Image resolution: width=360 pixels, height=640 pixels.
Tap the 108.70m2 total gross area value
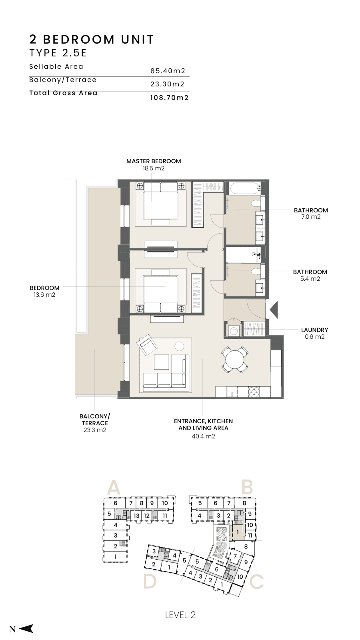click(x=170, y=98)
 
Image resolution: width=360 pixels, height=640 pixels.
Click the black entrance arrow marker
click(x=274, y=310)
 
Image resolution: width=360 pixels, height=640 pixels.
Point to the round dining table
click(x=234, y=360)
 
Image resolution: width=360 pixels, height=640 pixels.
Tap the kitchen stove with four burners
click(x=254, y=392)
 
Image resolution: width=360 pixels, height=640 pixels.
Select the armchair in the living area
click(x=147, y=345)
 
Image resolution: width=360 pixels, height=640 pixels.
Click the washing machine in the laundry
click(x=234, y=331)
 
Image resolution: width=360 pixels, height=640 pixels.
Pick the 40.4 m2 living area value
click(x=204, y=436)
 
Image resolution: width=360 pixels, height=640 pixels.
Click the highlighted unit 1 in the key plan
click(x=237, y=532)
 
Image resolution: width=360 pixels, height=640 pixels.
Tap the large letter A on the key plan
click(x=114, y=488)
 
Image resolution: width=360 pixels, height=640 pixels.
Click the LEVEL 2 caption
click(x=180, y=615)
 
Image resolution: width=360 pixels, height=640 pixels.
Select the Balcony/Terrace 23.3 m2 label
click(x=95, y=423)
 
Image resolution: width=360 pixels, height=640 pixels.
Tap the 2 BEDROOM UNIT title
click(x=92, y=40)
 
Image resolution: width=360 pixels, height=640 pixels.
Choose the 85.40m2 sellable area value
click(x=168, y=71)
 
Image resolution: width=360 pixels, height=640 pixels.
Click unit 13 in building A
click(x=136, y=516)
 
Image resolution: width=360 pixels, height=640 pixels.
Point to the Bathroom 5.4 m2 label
click(x=310, y=276)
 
